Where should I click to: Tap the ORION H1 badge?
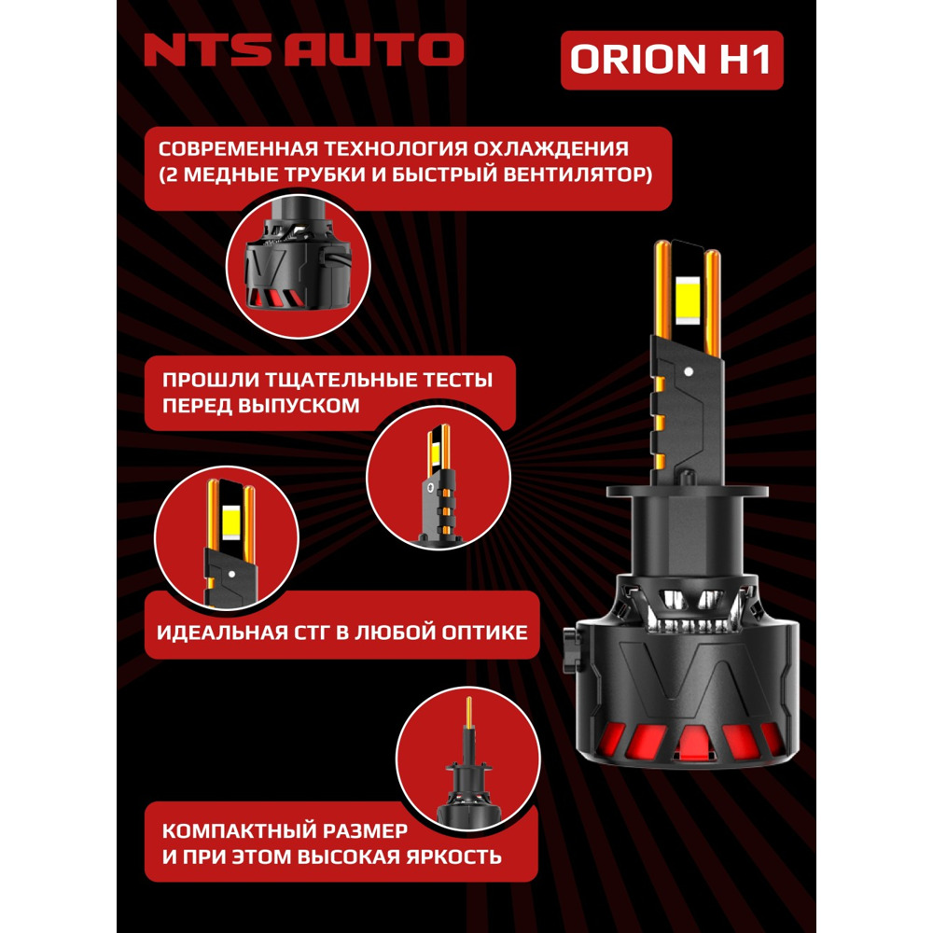point(671,58)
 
